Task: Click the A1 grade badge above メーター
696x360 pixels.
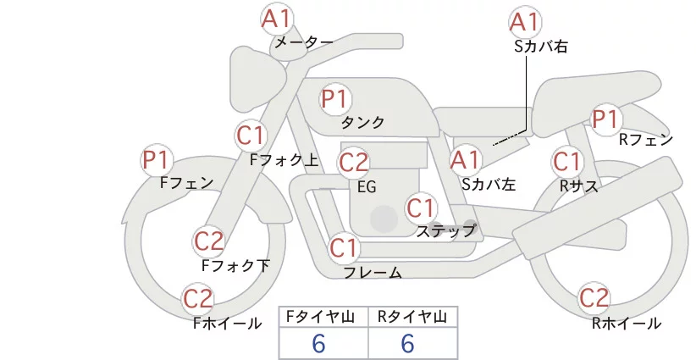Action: pos(275,18)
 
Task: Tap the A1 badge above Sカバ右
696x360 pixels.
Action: pos(525,22)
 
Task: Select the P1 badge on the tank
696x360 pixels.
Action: pos(334,98)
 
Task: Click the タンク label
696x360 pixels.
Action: pos(362,123)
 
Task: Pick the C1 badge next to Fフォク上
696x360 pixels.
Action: pos(251,136)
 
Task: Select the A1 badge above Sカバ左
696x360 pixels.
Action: pos(464,158)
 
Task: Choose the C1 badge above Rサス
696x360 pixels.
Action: pos(566,161)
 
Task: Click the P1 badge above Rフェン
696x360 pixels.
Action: pos(606,119)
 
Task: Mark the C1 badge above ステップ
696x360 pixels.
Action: pos(421,207)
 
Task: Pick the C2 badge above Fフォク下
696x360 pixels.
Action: pos(208,242)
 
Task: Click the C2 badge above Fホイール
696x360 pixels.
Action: pos(198,299)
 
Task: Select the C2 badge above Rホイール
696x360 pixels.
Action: pos(594,298)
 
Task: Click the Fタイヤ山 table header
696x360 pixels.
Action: pos(323,317)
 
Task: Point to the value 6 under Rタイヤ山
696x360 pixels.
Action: pos(407,344)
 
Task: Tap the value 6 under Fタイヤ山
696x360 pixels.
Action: pos(319,344)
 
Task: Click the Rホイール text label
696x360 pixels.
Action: pos(627,324)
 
